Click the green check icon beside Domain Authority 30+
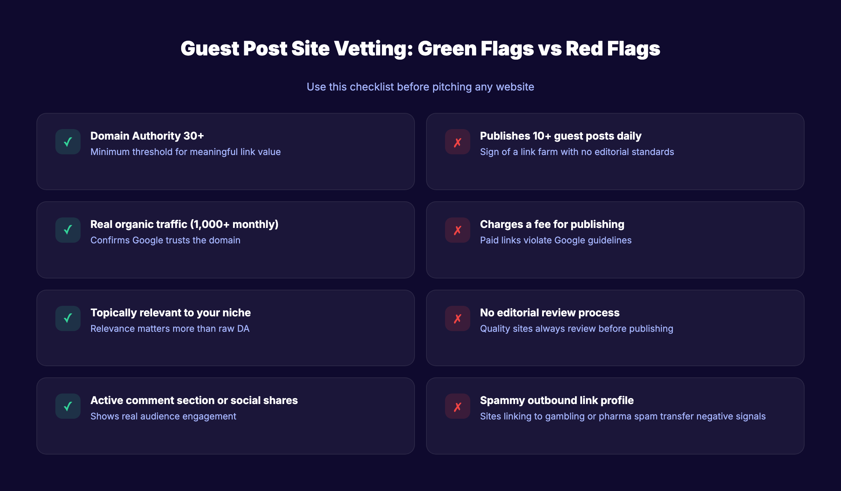(x=68, y=142)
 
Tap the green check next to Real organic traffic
(x=68, y=230)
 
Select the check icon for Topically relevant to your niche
(x=68, y=318)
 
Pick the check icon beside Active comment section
(x=68, y=406)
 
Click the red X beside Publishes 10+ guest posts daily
(x=458, y=142)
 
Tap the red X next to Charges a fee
(x=458, y=230)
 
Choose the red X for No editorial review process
(x=458, y=318)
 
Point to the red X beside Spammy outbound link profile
(x=458, y=406)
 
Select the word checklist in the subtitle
(x=372, y=87)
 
